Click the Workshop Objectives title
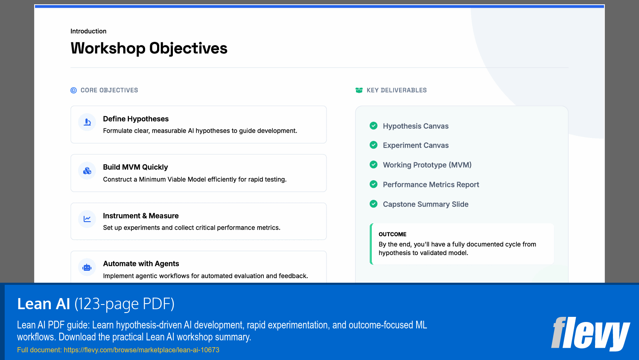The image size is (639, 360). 149,48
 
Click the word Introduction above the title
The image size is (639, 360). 88,31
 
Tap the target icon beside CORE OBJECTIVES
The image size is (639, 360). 73,90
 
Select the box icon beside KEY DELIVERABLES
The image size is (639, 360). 359,90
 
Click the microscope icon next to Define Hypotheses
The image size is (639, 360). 87,122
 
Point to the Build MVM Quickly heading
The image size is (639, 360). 135,167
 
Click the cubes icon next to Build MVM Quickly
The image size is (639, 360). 87,171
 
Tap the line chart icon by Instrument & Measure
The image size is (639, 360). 87,219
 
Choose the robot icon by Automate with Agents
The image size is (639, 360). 87,267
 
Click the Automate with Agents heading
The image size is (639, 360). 141,263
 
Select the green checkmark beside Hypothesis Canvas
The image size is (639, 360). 373,126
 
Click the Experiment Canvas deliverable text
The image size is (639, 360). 415,145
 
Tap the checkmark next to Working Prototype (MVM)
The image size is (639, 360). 373,164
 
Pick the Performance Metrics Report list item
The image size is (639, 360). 431,184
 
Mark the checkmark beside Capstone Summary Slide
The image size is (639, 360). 373,204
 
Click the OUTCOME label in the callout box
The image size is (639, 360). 392,234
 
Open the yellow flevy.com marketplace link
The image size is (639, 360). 141,350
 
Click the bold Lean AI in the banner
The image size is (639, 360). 44,304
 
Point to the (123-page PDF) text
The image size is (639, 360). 124,304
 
